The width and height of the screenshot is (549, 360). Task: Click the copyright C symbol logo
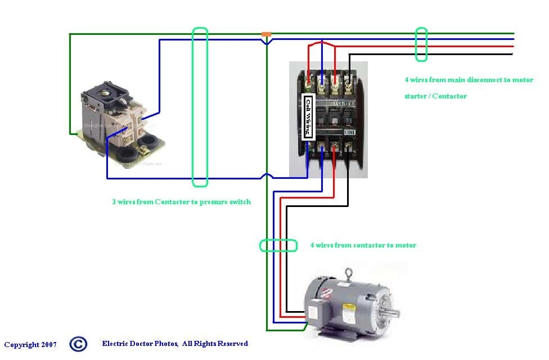(x=78, y=344)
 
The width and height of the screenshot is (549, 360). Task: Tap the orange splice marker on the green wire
(x=267, y=35)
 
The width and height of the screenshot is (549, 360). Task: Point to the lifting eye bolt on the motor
(x=349, y=274)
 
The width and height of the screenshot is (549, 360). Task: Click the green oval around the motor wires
(x=278, y=245)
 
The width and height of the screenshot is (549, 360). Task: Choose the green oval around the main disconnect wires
(x=421, y=44)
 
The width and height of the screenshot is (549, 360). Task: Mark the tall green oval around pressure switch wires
(x=200, y=107)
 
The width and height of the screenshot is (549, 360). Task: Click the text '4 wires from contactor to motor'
(x=363, y=245)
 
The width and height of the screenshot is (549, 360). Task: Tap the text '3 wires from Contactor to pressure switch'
(x=181, y=201)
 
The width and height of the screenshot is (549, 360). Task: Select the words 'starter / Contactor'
(x=435, y=96)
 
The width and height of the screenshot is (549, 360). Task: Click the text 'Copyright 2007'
(x=30, y=344)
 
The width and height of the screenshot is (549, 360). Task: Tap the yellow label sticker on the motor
(x=349, y=308)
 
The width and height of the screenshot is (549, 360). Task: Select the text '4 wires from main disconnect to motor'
(x=469, y=80)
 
